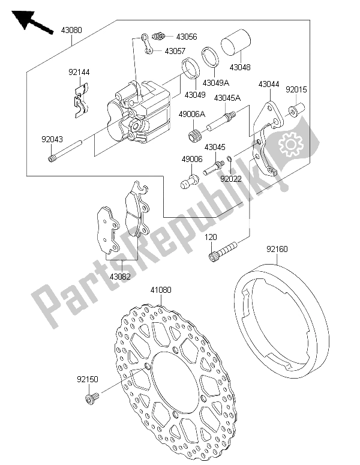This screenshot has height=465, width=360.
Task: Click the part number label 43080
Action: pos(71,30)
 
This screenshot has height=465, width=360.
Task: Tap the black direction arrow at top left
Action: pos(32,22)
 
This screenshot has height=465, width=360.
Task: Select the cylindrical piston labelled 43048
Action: pos(236,42)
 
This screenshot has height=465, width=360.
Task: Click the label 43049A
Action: pos(216,82)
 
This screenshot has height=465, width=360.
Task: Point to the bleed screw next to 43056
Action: pos(158,36)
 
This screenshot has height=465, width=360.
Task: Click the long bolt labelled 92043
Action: pos(65,152)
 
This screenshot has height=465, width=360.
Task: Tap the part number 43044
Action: pos(269,84)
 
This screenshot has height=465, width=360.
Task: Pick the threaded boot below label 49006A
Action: pos(194,135)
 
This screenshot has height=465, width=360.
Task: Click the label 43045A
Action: pos(227,98)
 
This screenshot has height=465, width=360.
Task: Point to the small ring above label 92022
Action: pos(230,159)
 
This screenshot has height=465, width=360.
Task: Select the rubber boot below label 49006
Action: pos(189,181)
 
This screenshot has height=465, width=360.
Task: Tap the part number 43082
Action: pos(120,277)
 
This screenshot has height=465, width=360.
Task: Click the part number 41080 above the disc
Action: pos(161,290)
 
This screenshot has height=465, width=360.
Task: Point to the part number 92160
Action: pos(277,249)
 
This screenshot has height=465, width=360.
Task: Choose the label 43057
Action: pos(175,51)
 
